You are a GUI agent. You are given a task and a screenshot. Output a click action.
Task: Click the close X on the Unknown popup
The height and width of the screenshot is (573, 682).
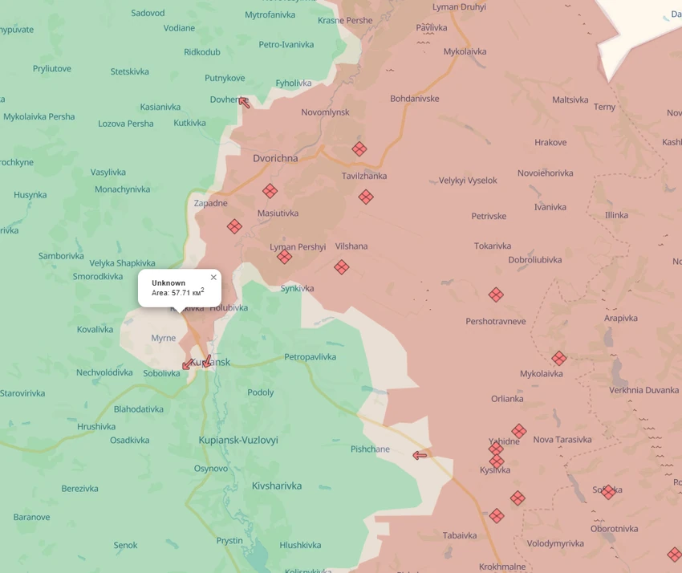(213, 278)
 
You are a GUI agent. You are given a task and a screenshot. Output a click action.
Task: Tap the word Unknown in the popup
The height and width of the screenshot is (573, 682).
(168, 283)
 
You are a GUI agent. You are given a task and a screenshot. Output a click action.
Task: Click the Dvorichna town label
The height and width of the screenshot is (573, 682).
(275, 158)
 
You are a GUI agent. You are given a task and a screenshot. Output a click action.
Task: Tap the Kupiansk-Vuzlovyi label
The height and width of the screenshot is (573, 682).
(238, 440)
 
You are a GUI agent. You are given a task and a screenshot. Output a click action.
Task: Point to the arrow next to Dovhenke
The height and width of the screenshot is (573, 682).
(244, 102)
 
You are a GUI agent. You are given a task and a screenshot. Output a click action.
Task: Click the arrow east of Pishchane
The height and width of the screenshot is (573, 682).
(420, 456)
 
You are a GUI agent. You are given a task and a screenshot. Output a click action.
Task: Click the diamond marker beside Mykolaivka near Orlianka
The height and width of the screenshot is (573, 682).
(558, 359)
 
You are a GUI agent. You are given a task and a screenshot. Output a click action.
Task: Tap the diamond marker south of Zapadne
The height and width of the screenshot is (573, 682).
(234, 227)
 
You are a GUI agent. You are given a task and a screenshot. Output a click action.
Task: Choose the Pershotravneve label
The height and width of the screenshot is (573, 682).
(496, 321)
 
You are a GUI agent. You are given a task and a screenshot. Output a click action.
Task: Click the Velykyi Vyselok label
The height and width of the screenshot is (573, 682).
(468, 181)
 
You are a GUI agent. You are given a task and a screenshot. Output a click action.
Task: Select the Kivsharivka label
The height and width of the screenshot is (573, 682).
(277, 486)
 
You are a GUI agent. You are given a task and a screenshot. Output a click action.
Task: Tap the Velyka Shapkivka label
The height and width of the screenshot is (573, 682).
(122, 263)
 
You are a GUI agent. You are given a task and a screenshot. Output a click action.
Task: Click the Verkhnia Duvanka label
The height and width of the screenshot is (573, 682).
(643, 390)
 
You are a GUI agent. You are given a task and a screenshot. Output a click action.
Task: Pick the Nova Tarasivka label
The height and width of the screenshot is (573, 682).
(562, 439)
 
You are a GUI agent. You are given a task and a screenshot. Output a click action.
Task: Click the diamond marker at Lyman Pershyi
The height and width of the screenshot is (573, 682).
(284, 257)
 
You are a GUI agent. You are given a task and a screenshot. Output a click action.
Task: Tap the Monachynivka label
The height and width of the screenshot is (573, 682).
(122, 189)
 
